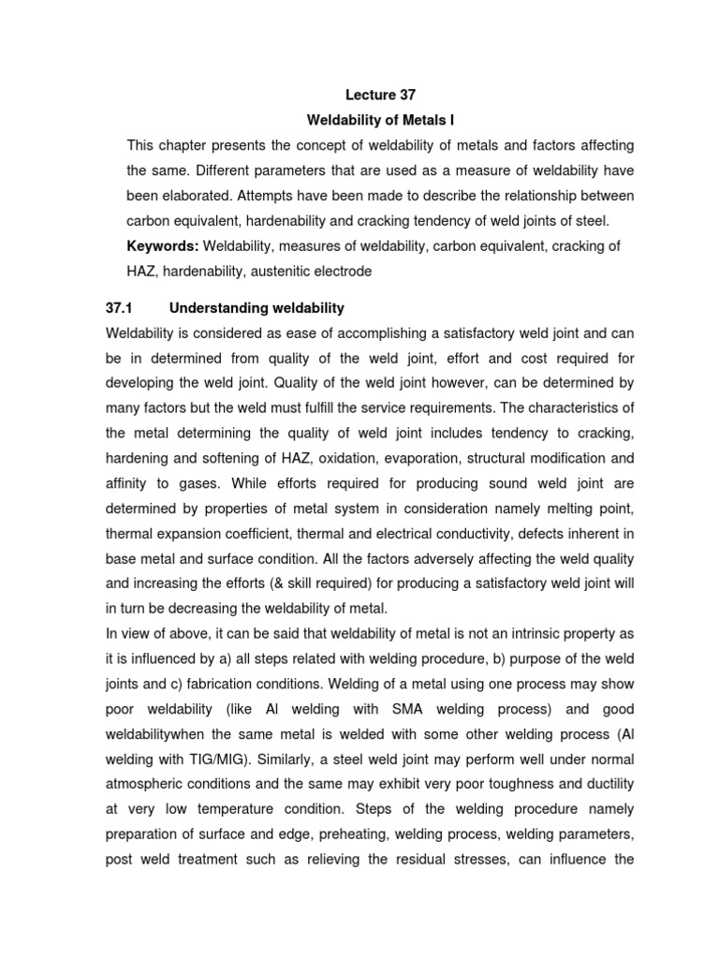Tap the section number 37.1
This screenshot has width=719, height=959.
point(122,308)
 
